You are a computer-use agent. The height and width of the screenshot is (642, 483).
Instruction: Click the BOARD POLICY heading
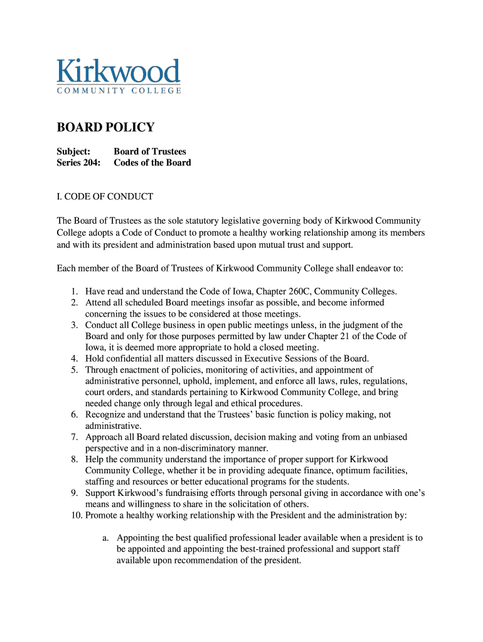[105, 128]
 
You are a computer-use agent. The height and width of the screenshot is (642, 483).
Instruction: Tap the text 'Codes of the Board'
[152, 162]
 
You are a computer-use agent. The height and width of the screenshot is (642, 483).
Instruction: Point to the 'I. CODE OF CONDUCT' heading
[105, 196]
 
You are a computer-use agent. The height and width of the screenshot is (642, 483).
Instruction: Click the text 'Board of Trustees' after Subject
[150, 151]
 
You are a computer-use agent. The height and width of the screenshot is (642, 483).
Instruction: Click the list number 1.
[73, 292]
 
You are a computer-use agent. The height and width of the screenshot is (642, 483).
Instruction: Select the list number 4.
[73, 359]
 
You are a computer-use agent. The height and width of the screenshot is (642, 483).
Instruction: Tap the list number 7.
[73, 437]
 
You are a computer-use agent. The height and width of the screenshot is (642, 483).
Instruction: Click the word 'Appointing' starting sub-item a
[138, 538]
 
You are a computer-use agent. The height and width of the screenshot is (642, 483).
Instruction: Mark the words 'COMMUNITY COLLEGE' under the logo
[119, 90]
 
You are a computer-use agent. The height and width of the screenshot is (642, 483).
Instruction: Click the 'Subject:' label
[73, 151]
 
